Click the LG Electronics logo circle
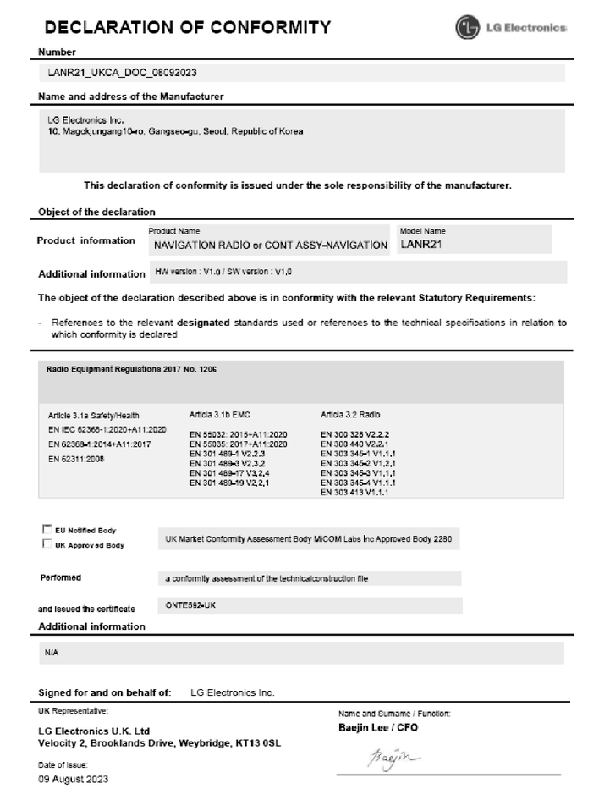(467, 27)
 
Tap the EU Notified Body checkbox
(47, 529)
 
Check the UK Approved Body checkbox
(47, 544)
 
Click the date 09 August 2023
(74, 779)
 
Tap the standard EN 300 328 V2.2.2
(355, 433)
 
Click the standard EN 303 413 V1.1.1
(354, 492)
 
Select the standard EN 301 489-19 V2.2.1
(239, 483)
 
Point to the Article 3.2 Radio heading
(351, 415)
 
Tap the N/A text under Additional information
(51, 654)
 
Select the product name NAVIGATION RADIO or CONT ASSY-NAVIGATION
(270, 246)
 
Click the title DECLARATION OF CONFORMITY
(187, 27)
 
